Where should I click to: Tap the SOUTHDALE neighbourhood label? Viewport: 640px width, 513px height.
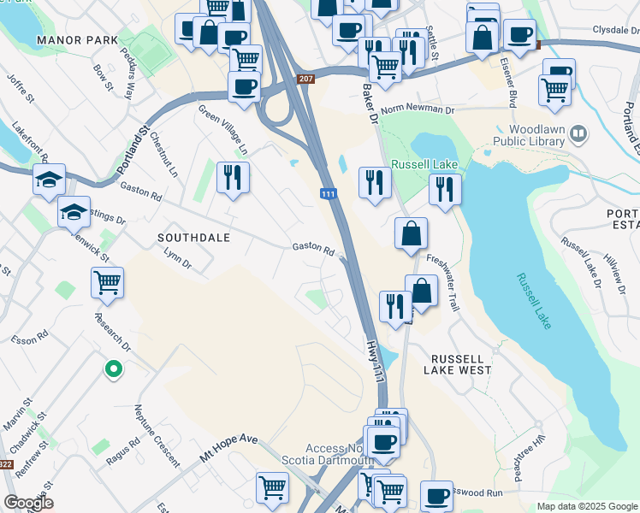pos(193,237)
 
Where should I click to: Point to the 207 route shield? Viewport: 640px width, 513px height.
pos(305,80)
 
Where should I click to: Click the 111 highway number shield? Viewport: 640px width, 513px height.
pos(327,196)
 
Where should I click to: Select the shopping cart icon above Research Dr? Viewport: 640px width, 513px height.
pos(107,281)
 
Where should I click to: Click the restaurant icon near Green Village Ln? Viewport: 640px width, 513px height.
pos(233,177)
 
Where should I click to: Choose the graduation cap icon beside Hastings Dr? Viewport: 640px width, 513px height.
pos(74,210)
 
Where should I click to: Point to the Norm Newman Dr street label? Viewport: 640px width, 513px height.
pos(418,109)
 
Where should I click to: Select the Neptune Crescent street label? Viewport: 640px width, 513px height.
pos(155,436)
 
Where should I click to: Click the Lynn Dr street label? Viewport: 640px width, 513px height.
pos(178,258)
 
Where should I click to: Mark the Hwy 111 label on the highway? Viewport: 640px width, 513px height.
pos(375,360)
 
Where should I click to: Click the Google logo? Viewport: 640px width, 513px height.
pos(29,503)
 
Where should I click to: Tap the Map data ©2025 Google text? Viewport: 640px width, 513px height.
pos(586,506)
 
